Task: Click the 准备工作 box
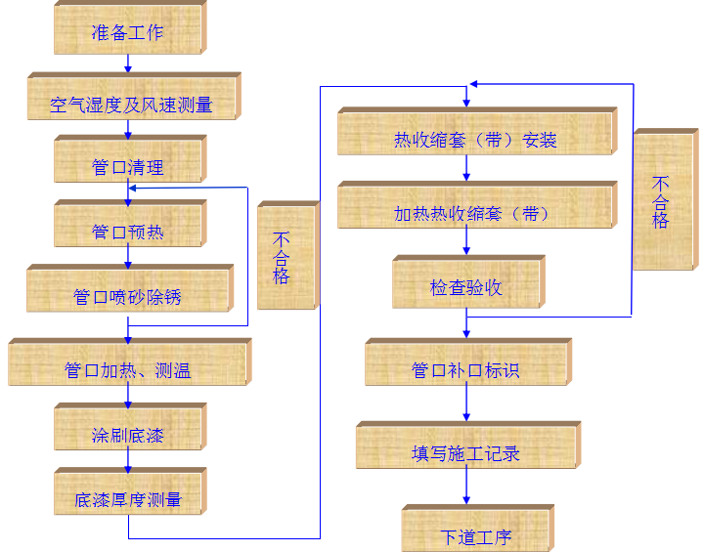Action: tap(128, 30)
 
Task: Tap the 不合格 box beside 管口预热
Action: tap(286, 257)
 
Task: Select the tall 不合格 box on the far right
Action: tap(663, 200)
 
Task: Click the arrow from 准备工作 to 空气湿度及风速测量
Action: tap(128, 64)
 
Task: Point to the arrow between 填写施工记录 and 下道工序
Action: tap(466, 488)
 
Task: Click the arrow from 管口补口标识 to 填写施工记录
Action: tap(466, 404)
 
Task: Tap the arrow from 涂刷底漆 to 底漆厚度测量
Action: tap(128, 460)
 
